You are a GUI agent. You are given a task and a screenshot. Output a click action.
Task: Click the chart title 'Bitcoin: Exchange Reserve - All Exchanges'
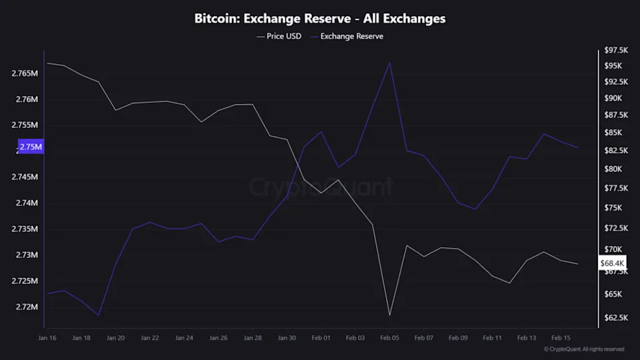click(x=320, y=19)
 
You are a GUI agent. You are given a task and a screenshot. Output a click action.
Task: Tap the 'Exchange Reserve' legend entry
click(x=351, y=36)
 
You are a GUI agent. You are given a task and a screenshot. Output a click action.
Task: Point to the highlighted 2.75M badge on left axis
click(x=30, y=147)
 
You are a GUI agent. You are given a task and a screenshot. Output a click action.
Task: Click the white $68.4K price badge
click(x=612, y=263)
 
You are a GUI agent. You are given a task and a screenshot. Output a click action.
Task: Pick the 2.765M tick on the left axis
click(x=25, y=73)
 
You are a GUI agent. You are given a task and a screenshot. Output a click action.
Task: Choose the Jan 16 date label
click(x=47, y=338)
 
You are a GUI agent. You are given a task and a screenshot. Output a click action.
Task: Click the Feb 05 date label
click(x=390, y=338)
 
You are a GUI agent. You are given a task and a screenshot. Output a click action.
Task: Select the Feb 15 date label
click(x=561, y=338)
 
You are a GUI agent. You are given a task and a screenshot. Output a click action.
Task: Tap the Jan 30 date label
click(x=287, y=338)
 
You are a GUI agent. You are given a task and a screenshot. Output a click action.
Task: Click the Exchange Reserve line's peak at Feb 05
click(x=390, y=63)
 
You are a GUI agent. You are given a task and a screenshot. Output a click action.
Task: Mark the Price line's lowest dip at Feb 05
click(x=390, y=315)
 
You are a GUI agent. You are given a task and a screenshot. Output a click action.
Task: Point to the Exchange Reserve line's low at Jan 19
click(x=99, y=315)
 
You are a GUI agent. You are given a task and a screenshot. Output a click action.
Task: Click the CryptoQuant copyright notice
click(x=584, y=349)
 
